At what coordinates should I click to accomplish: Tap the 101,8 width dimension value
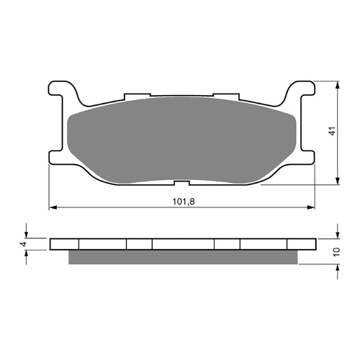tap(182, 202)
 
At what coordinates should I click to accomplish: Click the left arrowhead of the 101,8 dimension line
tap(52, 208)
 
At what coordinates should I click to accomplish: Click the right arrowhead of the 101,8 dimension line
tap(312, 208)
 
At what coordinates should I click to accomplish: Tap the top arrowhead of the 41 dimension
tap(338, 84)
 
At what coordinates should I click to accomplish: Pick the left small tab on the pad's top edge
tap(135, 95)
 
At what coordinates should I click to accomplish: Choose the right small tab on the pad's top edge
tap(227, 95)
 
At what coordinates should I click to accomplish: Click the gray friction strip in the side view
tap(183, 256)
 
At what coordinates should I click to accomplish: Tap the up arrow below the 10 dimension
tap(338, 268)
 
